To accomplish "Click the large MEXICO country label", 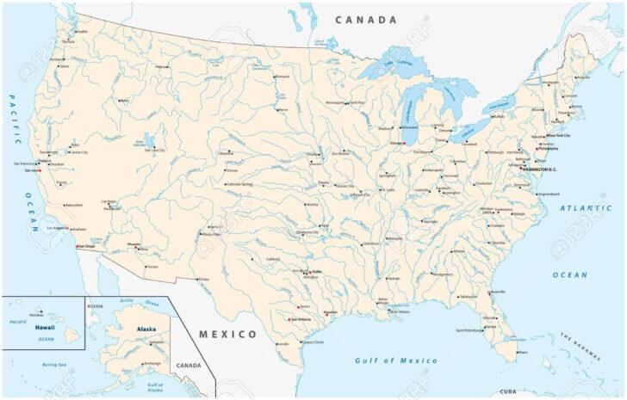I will (228, 334).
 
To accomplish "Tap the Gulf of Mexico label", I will (396, 360).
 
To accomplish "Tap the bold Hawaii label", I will (45, 328).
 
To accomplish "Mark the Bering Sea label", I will (53, 365).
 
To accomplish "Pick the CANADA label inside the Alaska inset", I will (188, 365).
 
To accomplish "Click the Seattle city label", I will (83, 32).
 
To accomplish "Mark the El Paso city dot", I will (197, 279).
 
